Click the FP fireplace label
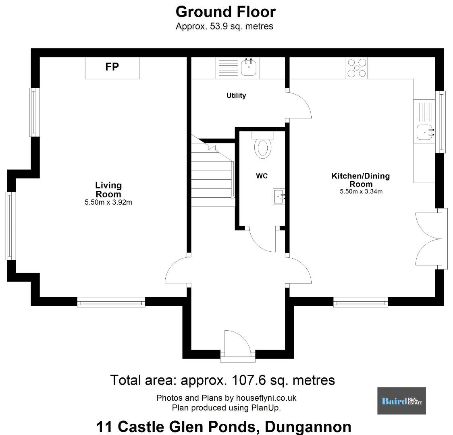(112, 67)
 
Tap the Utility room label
(236, 95)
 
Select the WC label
(262, 176)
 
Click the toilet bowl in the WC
(263, 148)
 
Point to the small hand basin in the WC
(279, 197)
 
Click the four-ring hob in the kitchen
(357, 68)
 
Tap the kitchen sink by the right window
(425, 132)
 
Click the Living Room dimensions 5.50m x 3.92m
(108, 202)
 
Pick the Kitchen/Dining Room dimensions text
(361, 191)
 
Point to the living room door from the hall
(177, 271)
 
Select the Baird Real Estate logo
(401, 401)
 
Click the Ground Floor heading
(226, 12)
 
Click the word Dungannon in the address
(308, 427)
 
